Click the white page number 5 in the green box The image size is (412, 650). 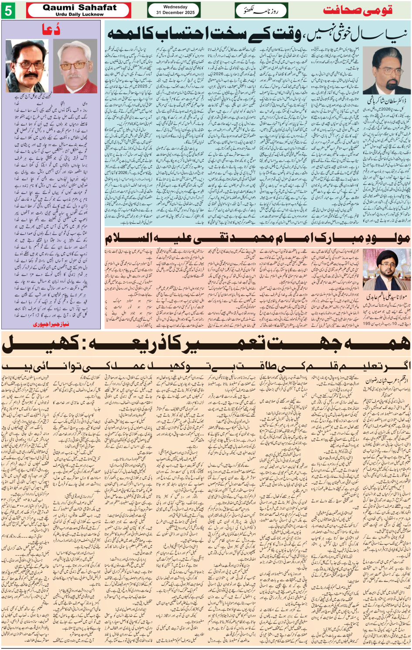(x=8, y=10)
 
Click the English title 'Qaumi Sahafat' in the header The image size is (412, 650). (x=80, y=7)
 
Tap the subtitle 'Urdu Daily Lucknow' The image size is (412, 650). (x=80, y=14)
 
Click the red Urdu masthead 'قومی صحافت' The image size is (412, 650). (x=358, y=10)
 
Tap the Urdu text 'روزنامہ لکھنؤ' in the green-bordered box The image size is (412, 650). (x=261, y=10)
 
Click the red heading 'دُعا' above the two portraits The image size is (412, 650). (x=51, y=30)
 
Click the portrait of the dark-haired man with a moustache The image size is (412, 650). (x=27, y=65)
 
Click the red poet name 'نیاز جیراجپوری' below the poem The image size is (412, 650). (x=51, y=324)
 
